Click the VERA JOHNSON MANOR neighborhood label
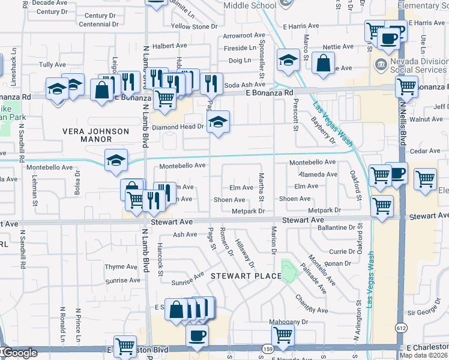97,135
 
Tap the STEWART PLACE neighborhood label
246,275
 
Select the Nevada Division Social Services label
418,65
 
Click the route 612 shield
401,328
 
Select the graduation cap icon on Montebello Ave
116,160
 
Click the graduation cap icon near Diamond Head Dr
218,123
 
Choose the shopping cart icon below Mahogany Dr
283,335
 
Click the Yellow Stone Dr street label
194,26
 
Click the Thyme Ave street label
122,267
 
